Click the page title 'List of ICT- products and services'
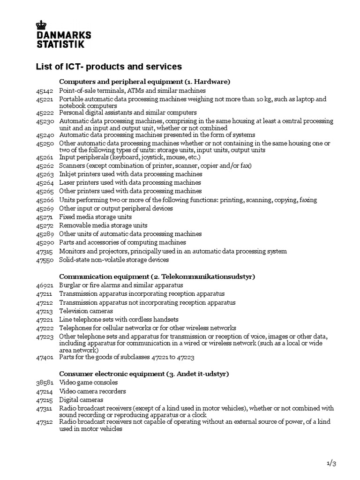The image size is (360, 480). click(x=109, y=67)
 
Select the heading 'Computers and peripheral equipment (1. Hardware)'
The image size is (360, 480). click(x=144, y=82)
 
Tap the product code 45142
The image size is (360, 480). click(x=45, y=90)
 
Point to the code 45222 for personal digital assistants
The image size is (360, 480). click(x=45, y=113)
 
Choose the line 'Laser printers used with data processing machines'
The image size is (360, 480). click(x=130, y=182)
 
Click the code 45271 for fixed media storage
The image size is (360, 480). click(x=45, y=217)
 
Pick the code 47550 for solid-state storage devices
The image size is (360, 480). click(x=45, y=260)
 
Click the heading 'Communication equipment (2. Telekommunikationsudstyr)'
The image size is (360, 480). click(x=157, y=277)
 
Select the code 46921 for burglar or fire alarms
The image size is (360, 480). click(x=45, y=285)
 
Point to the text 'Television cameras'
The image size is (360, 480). click(x=86, y=311)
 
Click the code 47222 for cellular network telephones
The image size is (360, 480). click(x=45, y=328)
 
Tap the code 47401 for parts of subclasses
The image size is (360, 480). click(x=45, y=357)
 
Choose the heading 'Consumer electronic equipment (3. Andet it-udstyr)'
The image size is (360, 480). click(x=143, y=374)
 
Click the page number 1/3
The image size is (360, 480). click(x=331, y=463)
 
